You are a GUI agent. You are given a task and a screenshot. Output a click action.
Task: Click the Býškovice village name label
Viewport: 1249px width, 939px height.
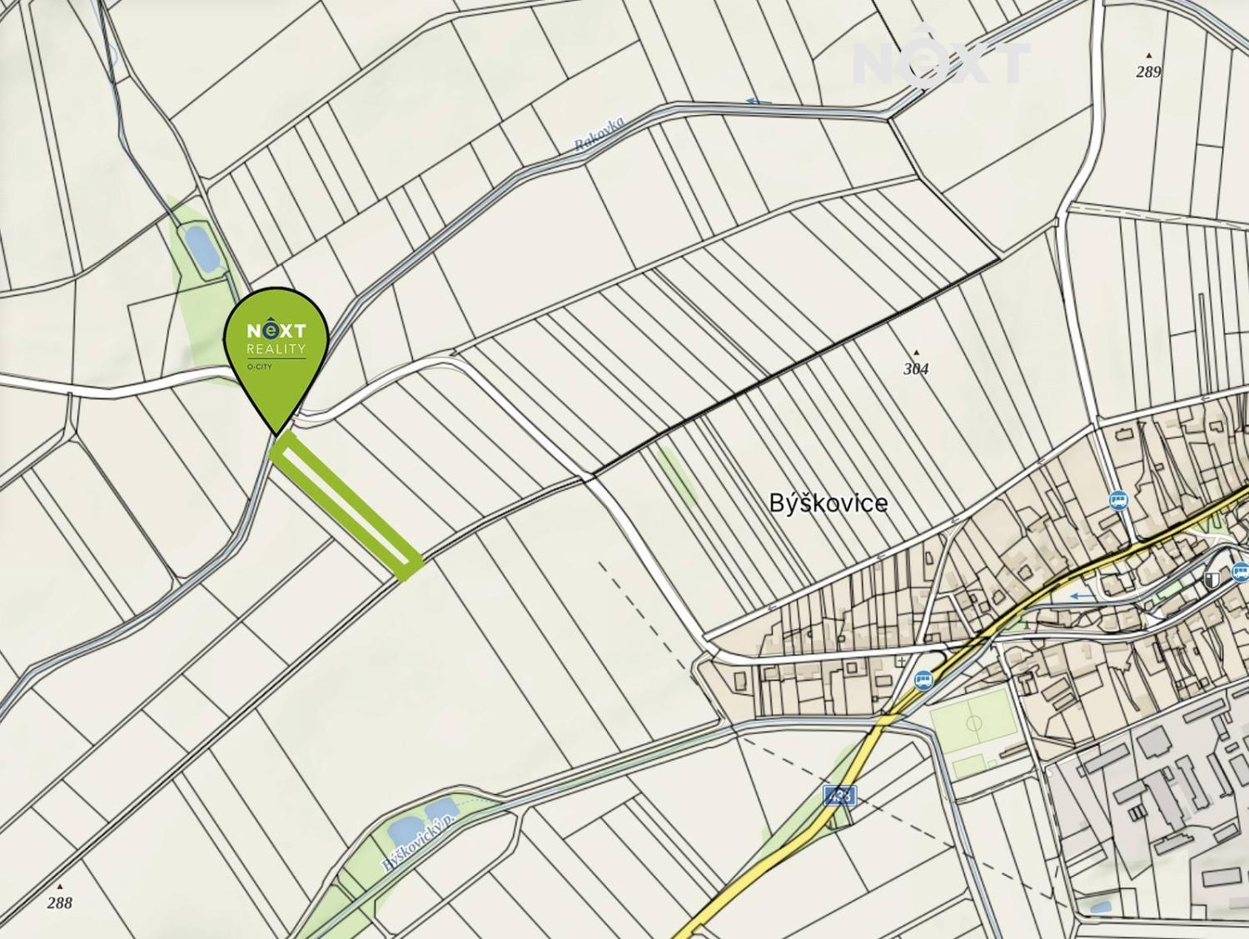tap(828, 503)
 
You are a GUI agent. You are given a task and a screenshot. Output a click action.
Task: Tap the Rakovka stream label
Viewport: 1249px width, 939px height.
tap(600, 133)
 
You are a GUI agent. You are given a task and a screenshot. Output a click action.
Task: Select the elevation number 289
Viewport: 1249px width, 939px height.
tap(1148, 72)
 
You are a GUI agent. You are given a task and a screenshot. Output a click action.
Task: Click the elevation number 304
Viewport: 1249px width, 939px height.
tap(916, 368)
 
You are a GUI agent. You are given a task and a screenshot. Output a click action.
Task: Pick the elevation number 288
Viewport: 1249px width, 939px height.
tap(60, 902)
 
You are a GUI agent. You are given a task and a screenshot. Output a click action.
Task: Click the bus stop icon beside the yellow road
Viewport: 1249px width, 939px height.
tap(923, 680)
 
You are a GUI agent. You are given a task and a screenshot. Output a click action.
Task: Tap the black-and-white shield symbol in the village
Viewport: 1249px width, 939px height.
tap(1212, 581)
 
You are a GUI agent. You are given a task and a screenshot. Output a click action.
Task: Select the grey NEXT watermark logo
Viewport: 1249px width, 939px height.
tap(941, 58)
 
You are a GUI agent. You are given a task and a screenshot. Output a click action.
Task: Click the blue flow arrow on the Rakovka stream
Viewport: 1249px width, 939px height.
tap(758, 102)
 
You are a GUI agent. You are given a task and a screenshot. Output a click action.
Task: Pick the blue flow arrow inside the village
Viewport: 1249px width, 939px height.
tap(1082, 596)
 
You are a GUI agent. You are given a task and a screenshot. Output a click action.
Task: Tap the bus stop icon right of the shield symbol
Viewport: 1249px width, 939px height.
tap(1240, 572)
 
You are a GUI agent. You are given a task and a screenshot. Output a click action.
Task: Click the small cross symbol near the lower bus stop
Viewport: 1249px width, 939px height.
tap(902, 662)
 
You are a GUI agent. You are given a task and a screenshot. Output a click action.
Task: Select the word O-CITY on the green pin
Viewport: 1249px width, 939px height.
tap(259, 366)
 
